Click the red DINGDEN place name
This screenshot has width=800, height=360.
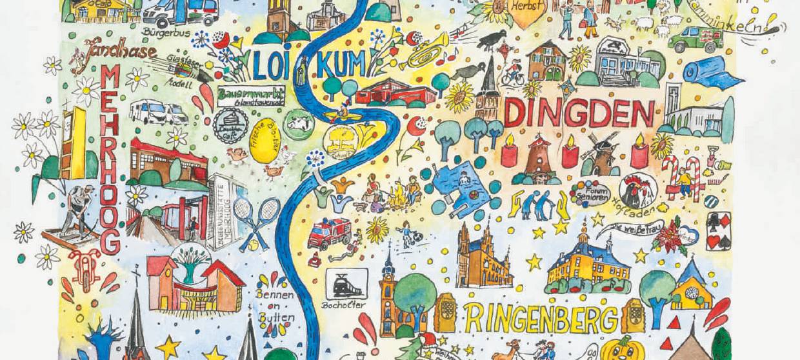(579, 114)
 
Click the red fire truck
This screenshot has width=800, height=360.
(329, 233)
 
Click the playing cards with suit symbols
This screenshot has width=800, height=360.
(717, 230)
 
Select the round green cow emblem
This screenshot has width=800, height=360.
(297, 123)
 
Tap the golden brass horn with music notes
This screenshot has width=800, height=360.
(426, 52)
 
